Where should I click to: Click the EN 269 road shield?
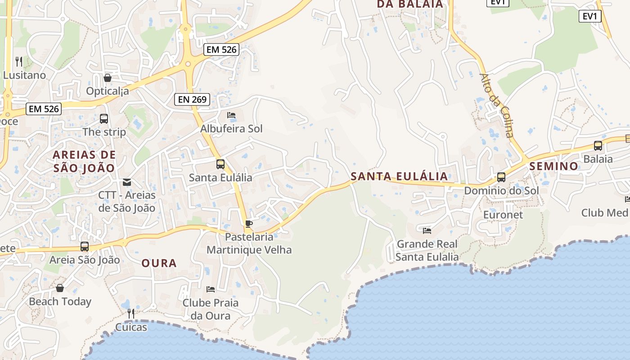[192, 99]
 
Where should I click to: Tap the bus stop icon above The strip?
[104, 119]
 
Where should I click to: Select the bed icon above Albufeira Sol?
[231, 115]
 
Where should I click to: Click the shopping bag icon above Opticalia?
[107, 78]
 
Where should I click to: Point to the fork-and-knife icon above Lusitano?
[18, 61]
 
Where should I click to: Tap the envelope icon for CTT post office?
[127, 182]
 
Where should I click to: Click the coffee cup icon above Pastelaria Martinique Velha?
[249, 224]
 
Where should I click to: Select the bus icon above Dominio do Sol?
[501, 177]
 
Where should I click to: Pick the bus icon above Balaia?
[598, 146]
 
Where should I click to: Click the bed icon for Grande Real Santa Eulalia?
[427, 231]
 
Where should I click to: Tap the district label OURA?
[159, 263]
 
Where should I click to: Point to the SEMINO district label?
[554, 166]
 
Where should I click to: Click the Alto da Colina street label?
[497, 105]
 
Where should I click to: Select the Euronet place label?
[503, 215]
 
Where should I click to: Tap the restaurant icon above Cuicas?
[131, 313]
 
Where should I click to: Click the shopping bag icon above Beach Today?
[60, 288]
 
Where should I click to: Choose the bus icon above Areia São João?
[85, 247]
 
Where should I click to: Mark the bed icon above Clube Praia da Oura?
[210, 289]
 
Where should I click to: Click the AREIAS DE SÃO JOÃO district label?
[84, 162]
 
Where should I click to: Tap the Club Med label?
[604, 213]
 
